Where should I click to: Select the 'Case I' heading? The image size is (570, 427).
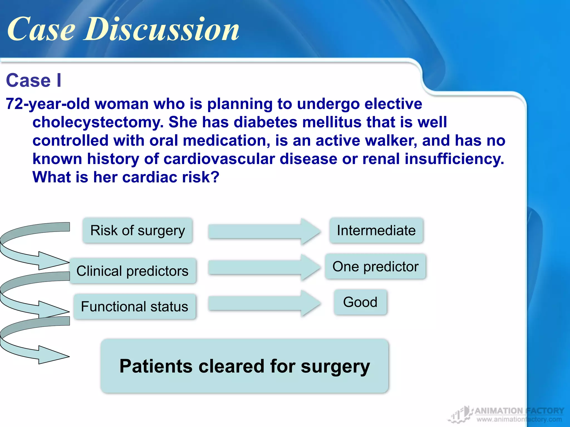pyautogui.click(x=33, y=81)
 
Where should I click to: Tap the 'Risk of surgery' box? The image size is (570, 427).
pyautogui.click(x=137, y=231)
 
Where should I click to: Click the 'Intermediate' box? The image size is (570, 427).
pyautogui.click(x=376, y=231)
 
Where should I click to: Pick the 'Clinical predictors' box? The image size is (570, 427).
pyautogui.click(x=132, y=271)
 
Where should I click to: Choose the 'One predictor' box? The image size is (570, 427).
pyautogui.click(x=375, y=267)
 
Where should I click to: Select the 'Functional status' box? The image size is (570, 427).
pyautogui.click(x=134, y=307)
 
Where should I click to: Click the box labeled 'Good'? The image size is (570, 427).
pyautogui.click(x=360, y=302)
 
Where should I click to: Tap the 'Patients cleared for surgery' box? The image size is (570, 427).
pyautogui.click(x=244, y=366)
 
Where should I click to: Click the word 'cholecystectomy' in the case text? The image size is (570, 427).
pyautogui.click(x=97, y=122)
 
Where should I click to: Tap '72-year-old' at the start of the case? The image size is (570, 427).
pyautogui.click(x=48, y=104)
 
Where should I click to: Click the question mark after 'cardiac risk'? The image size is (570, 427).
pyautogui.click(x=215, y=177)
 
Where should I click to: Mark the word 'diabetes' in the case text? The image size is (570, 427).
pyautogui.click(x=265, y=122)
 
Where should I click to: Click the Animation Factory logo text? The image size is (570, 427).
pyautogui.click(x=519, y=411)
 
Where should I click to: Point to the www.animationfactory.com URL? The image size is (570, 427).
pyautogui.click(x=519, y=419)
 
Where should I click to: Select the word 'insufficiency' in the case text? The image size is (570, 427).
pyautogui.click(x=454, y=159)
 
